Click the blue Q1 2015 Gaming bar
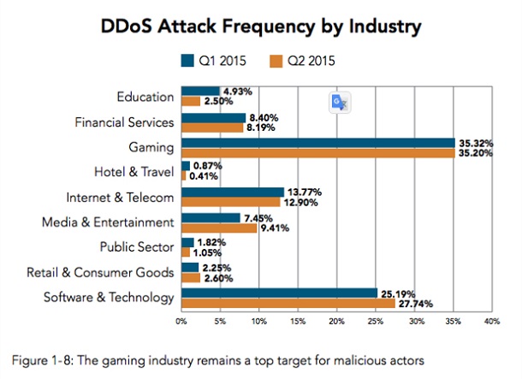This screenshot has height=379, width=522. coord(317,142)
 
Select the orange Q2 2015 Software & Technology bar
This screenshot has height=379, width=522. coord(288,304)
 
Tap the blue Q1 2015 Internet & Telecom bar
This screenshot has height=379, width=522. coord(232,192)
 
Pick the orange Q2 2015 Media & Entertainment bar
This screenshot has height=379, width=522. coord(217,228)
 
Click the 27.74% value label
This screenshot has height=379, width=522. coord(414,305)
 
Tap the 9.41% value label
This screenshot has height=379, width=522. coord(274,228)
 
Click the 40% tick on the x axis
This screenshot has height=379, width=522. coord(492,323)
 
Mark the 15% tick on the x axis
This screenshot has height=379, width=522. coord(297,323)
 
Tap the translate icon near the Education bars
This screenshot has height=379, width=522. coord(341,102)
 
